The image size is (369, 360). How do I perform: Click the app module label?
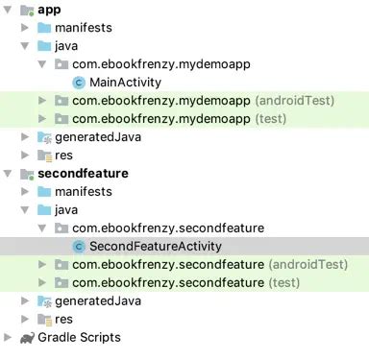pos(49,9)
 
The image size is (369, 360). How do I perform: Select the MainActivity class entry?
pos(125,82)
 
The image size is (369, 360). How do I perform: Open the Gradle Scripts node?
pos(79,337)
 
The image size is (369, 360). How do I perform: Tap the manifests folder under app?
pos(83,27)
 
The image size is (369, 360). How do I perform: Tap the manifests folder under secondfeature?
pos(83,191)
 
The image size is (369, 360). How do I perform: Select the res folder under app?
pos(64,155)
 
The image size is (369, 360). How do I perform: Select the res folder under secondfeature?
pos(64,319)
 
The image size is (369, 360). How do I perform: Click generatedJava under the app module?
pos(97,136)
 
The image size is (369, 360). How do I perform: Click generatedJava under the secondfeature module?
pos(97,300)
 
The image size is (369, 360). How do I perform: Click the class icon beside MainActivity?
pos(79,82)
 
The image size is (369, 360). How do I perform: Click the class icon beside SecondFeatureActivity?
pos(79,246)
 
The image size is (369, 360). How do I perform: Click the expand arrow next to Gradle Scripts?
pos(9,337)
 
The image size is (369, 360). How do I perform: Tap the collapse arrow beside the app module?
pos(9,10)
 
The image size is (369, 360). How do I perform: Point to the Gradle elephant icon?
pos(26,337)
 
